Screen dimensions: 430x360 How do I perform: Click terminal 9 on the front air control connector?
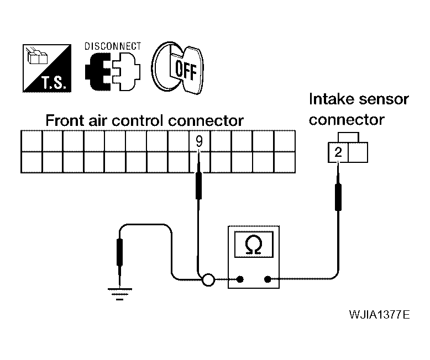tap(200, 141)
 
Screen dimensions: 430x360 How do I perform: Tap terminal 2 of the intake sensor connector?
tap(338, 152)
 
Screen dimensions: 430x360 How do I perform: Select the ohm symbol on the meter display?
tap(254, 245)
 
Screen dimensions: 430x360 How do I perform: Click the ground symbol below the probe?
tap(120, 294)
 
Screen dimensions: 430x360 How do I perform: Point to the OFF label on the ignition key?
tap(186, 70)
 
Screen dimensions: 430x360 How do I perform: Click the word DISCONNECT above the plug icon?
tap(113, 46)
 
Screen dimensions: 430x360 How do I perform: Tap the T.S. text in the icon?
tap(54, 83)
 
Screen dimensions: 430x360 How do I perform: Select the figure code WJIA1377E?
tap(379, 315)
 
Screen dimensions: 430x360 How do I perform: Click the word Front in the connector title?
tap(65, 120)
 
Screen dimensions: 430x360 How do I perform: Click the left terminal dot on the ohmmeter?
tap(240, 279)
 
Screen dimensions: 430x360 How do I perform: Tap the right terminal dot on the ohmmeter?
tap(268, 279)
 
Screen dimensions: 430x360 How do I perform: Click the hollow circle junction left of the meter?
tap(208, 280)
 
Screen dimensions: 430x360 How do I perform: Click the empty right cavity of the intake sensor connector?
tap(358, 152)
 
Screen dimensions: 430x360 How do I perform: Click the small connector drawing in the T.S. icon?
tap(36, 56)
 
